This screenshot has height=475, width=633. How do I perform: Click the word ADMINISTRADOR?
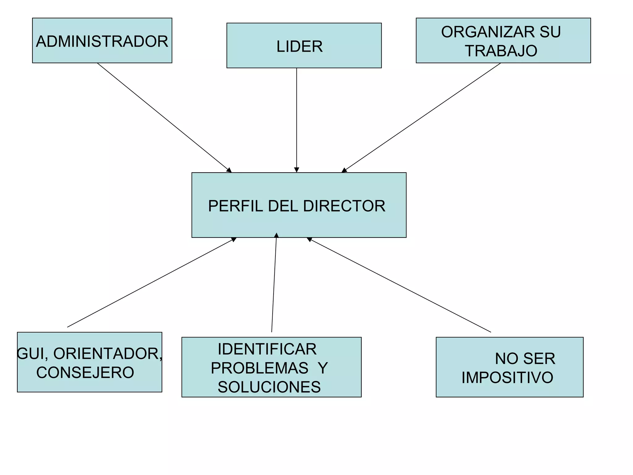point(102,41)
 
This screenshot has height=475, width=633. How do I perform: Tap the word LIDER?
point(299,47)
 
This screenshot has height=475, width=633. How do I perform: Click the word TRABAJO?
point(501,51)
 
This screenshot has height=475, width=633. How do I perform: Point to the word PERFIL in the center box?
point(235,206)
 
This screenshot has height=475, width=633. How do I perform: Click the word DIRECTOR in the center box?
point(344,206)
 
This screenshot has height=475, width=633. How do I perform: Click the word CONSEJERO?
point(85,372)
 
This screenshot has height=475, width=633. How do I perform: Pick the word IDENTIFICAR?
point(267,349)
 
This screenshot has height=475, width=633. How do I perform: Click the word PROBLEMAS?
point(259,368)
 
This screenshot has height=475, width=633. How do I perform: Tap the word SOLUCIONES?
point(269,387)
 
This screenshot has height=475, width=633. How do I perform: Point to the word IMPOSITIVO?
point(507,378)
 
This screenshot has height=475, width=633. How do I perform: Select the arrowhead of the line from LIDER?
point(296,170)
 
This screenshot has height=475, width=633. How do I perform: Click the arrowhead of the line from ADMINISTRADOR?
point(229,170)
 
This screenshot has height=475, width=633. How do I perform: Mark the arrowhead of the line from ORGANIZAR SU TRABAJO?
point(344,170)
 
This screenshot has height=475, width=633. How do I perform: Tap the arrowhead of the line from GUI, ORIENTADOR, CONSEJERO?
point(234,239)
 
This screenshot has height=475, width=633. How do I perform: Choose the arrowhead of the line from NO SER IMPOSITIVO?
point(309,239)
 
